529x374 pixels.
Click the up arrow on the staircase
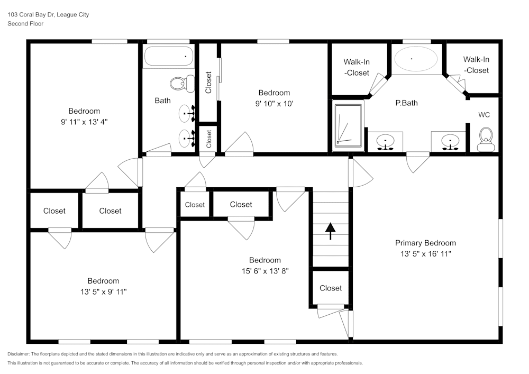330,231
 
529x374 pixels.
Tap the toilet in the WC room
485,138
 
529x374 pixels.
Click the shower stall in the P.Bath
349,125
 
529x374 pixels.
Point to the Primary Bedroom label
425,243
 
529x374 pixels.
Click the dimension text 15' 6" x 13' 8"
265,270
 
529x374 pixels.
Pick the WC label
484,114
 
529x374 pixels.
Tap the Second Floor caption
26,24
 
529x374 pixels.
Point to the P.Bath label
406,103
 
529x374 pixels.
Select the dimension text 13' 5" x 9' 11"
103,291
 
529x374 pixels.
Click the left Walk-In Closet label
357,67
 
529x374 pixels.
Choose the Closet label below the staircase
331,288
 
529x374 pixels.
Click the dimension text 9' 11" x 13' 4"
84,121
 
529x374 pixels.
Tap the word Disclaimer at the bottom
19,354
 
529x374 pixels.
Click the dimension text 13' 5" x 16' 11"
425,253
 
